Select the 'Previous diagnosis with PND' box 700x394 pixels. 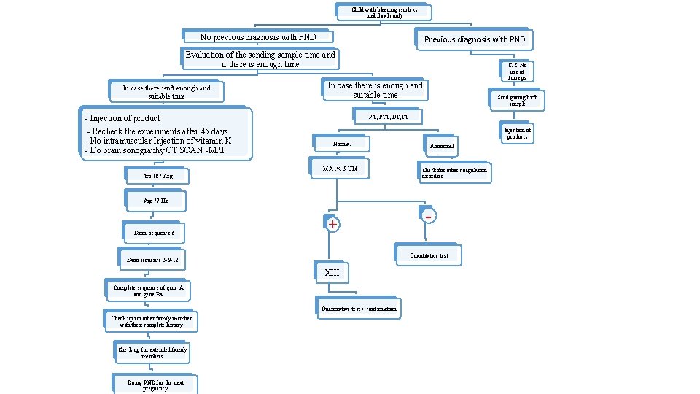474,39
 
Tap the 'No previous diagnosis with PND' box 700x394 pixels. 257,37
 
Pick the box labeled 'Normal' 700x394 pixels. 342,144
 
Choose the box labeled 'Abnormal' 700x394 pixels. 441,147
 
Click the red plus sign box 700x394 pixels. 332,225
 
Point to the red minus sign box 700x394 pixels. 429,216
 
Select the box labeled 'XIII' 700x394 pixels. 332,272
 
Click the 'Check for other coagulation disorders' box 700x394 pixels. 454,172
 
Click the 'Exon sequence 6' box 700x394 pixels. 154,233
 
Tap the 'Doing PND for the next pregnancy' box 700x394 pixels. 155,385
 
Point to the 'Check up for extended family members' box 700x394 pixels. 152,353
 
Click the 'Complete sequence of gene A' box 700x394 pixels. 148,291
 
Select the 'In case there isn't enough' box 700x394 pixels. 166,91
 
